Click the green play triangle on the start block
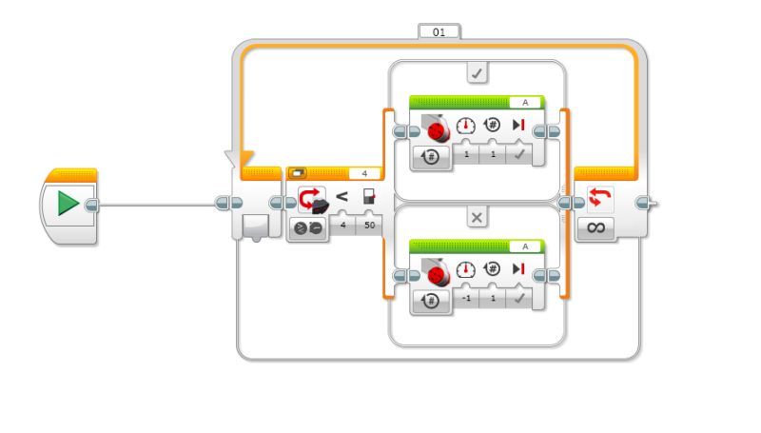click(68, 204)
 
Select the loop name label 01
click(439, 31)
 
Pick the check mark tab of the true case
click(477, 72)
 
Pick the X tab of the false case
click(477, 218)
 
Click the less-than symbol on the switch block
click(342, 198)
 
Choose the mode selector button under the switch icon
click(308, 228)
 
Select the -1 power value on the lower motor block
click(466, 298)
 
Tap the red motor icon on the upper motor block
click(436, 129)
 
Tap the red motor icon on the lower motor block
click(436, 273)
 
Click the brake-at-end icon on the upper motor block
click(517, 127)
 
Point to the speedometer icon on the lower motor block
click(466, 270)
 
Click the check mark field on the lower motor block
click(518, 298)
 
